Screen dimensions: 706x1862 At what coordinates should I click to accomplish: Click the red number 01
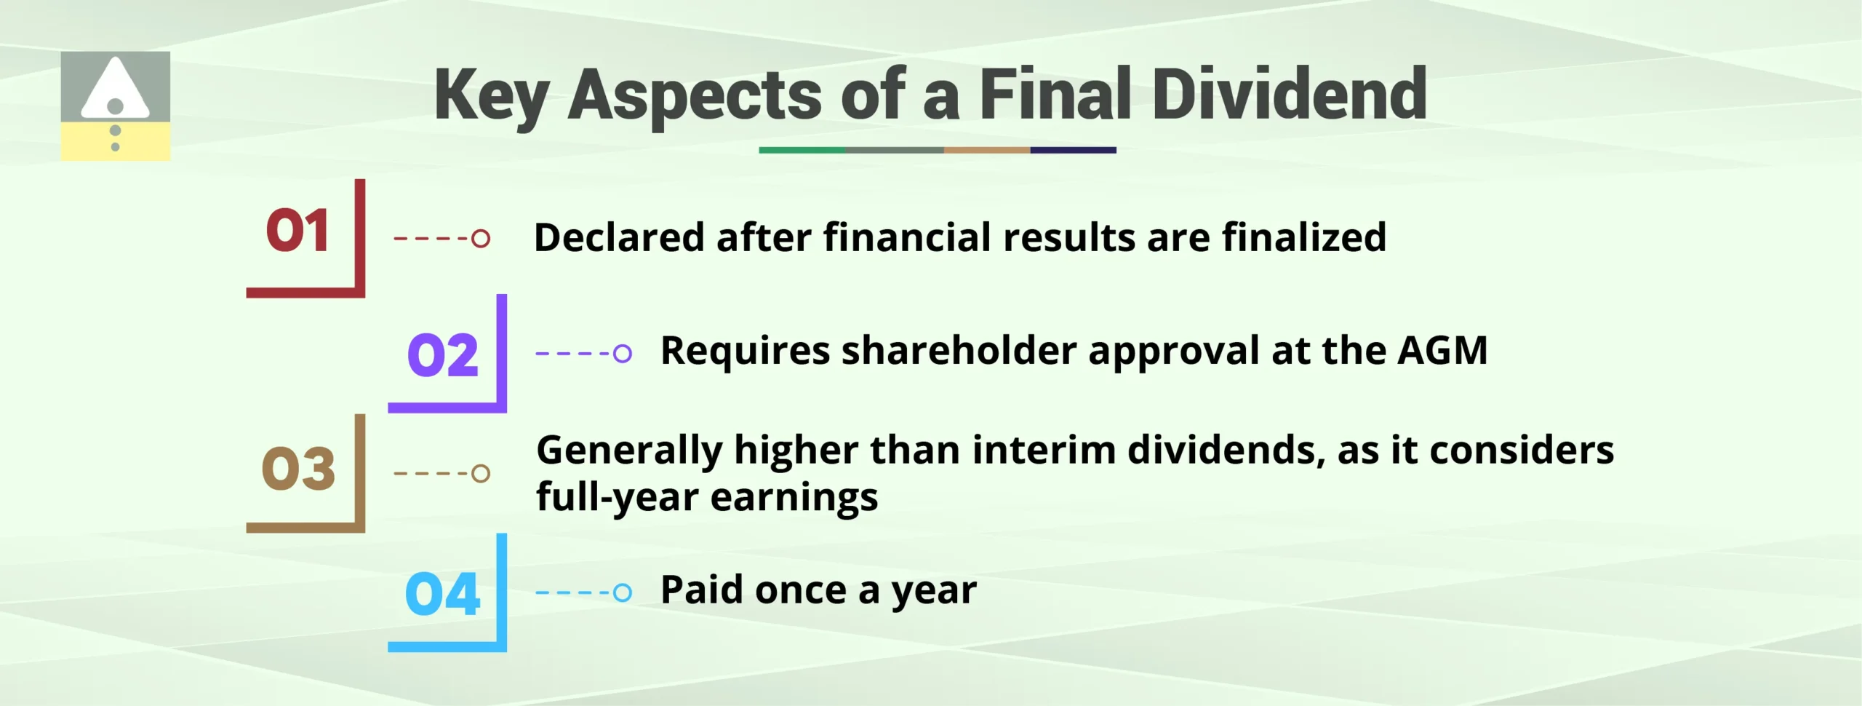click(x=297, y=231)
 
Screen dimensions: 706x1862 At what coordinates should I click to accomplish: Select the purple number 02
click(x=443, y=355)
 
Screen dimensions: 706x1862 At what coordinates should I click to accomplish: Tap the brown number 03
click(x=298, y=468)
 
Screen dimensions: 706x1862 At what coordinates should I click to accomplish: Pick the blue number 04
click(x=442, y=594)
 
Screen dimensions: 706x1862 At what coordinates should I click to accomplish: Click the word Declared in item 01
click(x=620, y=237)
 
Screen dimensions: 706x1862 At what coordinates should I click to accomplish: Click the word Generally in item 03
click(x=628, y=450)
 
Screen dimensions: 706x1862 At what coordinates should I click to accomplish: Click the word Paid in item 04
click(x=702, y=590)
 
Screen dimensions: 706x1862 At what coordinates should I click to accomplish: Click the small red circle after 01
click(x=481, y=238)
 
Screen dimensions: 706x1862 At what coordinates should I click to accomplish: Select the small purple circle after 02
click(x=622, y=354)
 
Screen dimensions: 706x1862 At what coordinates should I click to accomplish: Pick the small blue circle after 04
click(x=622, y=592)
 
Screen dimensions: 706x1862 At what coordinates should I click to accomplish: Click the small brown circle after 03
click(x=481, y=473)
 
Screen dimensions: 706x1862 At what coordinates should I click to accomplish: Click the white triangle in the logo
click(x=115, y=88)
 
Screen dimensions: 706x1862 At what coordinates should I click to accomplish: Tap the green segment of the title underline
click(x=802, y=150)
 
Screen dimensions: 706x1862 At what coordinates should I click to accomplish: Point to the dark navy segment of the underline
click(x=1073, y=150)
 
